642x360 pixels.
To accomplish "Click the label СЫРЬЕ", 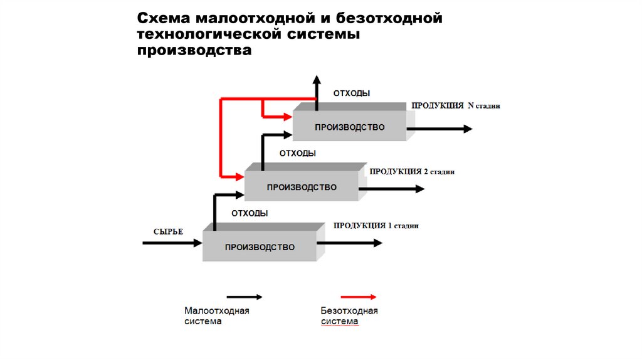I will [168, 232].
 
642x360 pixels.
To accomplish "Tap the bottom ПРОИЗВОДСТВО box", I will [260, 247].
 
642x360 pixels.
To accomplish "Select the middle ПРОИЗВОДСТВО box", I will [302, 187].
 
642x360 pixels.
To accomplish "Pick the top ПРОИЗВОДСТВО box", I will [350, 127].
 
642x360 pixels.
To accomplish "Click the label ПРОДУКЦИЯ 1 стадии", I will [376, 225].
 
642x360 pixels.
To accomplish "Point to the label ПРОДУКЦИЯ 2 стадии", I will [412, 171].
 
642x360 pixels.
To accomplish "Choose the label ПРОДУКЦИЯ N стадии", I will [456, 106].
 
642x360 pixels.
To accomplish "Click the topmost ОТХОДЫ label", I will [351, 93].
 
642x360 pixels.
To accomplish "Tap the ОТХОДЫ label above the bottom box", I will [250, 213].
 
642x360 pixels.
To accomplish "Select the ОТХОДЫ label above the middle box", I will [297, 153].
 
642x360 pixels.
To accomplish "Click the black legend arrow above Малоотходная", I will [245, 297].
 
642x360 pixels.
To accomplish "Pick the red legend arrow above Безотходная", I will [358, 297].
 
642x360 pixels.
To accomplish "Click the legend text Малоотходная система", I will [216, 316].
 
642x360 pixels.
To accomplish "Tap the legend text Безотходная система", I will [349, 316].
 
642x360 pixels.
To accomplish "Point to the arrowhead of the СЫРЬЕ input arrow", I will [196, 243].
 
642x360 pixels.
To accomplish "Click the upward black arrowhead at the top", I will [317, 79].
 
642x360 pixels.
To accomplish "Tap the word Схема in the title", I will [164, 18].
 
